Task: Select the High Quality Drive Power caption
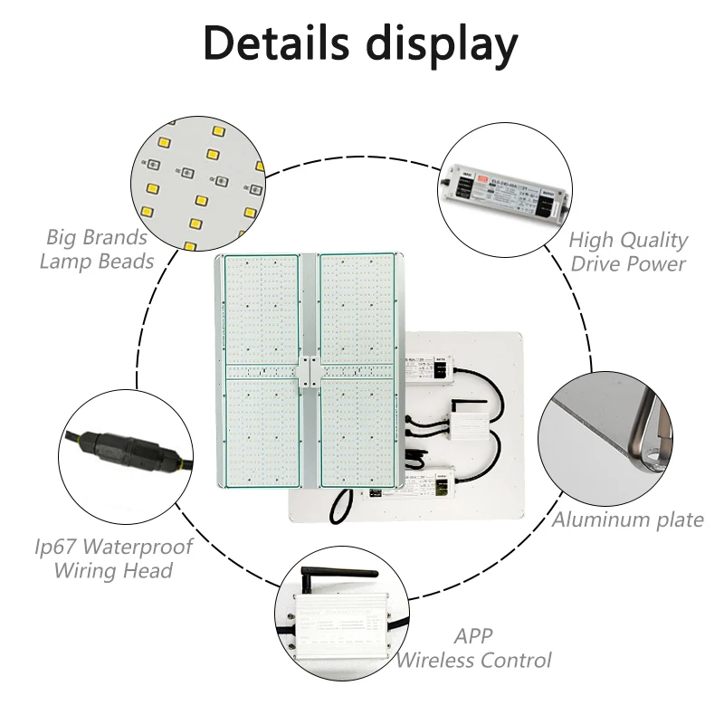628,252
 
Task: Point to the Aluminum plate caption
628,519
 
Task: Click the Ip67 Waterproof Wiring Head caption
114,558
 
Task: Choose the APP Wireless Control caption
473,648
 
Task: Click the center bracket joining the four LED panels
309,372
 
